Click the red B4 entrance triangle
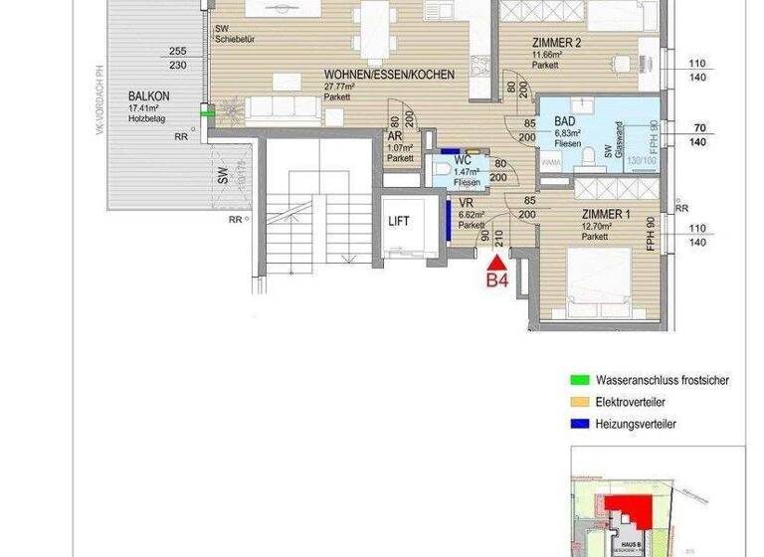(x=496, y=261)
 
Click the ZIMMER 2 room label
(x=556, y=43)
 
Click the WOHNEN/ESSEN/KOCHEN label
(x=389, y=75)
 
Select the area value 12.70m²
(x=598, y=226)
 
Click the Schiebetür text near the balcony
(x=237, y=41)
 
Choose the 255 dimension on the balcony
(x=178, y=52)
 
